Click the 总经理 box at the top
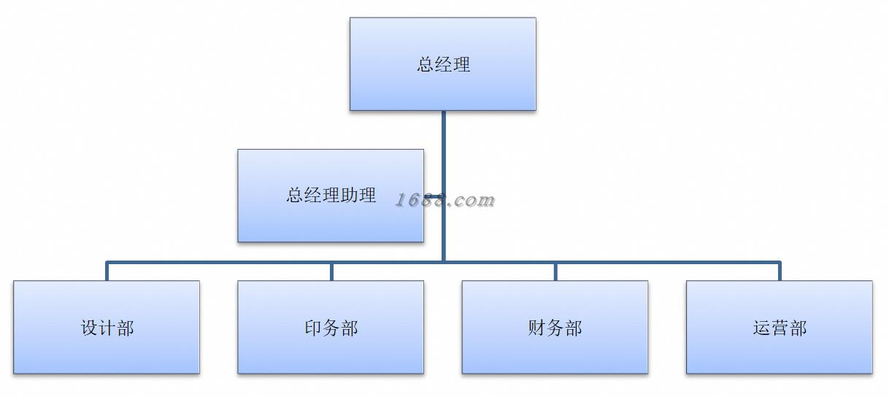[x=442, y=64]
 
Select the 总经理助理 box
[x=331, y=196]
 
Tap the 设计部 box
[x=107, y=328]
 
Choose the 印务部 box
[x=331, y=328]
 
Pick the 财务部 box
[x=555, y=328]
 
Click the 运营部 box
[x=779, y=328]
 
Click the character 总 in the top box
[x=426, y=64]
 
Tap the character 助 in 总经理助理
[x=349, y=196]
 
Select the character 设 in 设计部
[x=89, y=328]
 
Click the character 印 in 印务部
[x=313, y=328]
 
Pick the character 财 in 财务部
[x=537, y=328]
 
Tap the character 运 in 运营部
[x=761, y=328]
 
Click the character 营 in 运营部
[x=780, y=328]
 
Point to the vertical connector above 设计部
[x=107, y=271]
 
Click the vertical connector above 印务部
[x=331, y=271]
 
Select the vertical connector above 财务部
[x=555, y=271]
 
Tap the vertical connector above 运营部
[x=779, y=271]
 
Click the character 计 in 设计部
[x=107, y=328]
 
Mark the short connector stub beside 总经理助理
[x=433, y=196]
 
